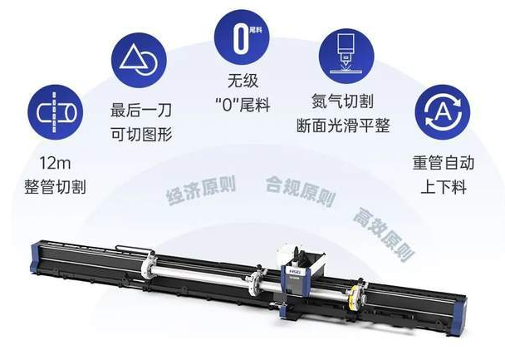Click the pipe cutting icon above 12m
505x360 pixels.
[x=56, y=112]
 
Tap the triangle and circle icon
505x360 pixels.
[x=140, y=60]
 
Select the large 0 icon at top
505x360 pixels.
[x=242, y=37]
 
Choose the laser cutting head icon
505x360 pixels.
[x=346, y=56]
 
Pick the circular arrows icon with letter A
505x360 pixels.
[x=443, y=112]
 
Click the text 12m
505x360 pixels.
[x=55, y=163]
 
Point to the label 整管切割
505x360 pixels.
[x=56, y=187]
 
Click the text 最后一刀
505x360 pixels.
[x=141, y=111]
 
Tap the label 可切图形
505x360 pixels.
[x=141, y=134]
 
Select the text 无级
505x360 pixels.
[x=243, y=81]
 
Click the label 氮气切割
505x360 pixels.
[x=343, y=101]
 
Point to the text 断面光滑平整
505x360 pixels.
[x=343, y=126]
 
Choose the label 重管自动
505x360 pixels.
[x=444, y=163]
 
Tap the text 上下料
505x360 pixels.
[x=444, y=187]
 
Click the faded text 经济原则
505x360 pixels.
[x=201, y=190]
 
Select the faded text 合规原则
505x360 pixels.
[x=301, y=190]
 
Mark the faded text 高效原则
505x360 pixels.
[x=383, y=234]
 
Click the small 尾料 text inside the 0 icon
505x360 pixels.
[x=256, y=30]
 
